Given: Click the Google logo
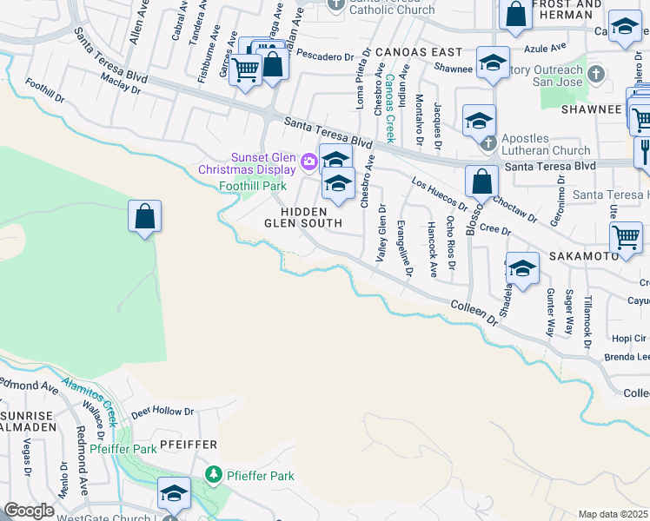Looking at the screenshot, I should (x=28, y=511).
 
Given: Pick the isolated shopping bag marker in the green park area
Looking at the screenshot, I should (x=145, y=216).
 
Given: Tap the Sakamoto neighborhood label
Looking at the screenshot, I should (x=582, y=258).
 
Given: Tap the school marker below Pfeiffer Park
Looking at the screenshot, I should (x=174, y=493).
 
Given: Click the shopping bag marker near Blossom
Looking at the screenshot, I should (x=481, y=182).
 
